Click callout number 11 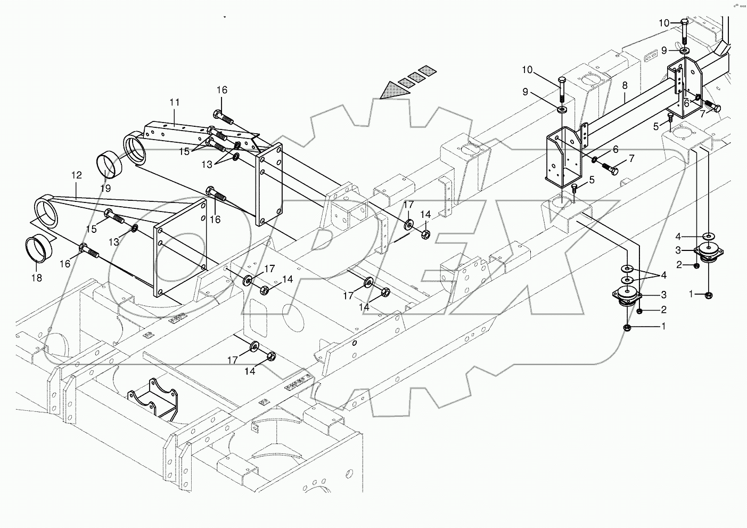(175, 102)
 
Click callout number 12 (76, 175)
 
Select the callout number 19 (105, 189)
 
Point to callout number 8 (625, 85)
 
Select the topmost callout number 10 (664, 23)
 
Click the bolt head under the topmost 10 (684, 22)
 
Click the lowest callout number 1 (663, 327)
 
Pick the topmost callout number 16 (221, 90)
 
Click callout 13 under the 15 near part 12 (114, 242)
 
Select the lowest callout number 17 (233, 361)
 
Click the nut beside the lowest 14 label (270, 355)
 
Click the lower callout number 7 (631, 158)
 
